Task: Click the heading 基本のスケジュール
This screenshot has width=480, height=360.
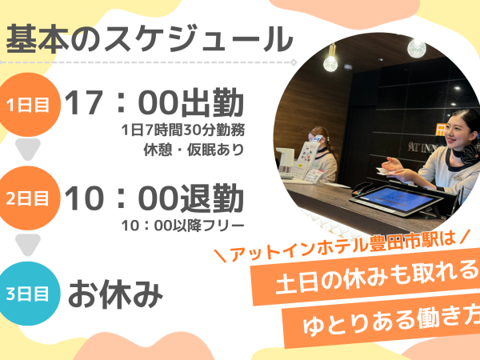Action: [x=150, y=39]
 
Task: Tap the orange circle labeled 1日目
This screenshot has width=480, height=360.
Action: [x=28, y=105]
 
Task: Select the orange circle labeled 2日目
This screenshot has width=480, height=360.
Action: [x=28, y=198]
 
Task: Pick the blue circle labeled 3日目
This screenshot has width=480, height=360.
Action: [x=28, y=294]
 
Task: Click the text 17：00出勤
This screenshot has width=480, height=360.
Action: [x=154, y=102]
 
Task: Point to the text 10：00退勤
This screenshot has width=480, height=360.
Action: [x=154, y=198]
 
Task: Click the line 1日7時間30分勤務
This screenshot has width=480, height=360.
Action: [x=183, y=130]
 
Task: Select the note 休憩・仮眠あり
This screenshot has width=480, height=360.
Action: [x=194, y=150]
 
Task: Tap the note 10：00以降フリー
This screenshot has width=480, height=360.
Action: [x=183, y=226]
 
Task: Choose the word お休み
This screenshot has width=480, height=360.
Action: [x=115, y=294]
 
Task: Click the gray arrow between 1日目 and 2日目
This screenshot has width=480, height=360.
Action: [x=28, y=149]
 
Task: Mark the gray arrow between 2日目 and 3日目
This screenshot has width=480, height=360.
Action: [x=28, y=244]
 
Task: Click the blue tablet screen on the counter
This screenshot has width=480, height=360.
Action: [x=397, y=199]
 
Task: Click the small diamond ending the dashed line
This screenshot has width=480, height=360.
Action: [x=294, y=62]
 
